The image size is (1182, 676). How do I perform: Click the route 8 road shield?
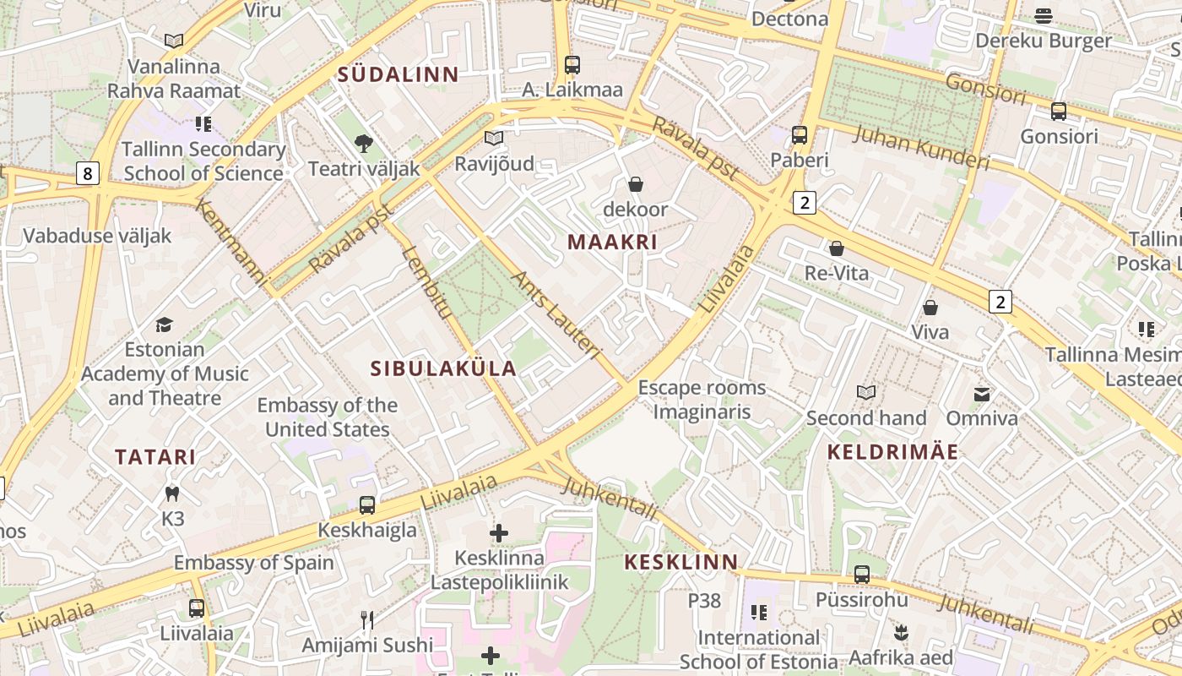click(x=88, y=174)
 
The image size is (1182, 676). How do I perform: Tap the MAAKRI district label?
click(x=612, y=243)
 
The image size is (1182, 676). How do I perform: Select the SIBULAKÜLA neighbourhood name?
click(x=443, y=368)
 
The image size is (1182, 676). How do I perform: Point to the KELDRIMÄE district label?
click(x=892, y=452)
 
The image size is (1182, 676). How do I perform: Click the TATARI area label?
click(x=155, y=457)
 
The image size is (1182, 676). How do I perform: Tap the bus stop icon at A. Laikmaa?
click(x=572, y=65)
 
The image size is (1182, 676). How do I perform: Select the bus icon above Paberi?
click(x=799, y=135)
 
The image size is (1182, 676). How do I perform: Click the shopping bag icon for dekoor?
click(x=636, y=184)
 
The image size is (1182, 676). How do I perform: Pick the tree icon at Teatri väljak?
click(x=364, y=144)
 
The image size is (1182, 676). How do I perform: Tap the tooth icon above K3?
click(x=172, y=493)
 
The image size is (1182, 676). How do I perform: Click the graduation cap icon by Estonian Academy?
click(x=165, y=324)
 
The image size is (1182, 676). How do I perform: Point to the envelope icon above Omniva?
click(x=982, y=394)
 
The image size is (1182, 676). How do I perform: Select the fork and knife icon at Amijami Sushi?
click(x=367, y=620)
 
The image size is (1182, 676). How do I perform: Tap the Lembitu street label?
click(x=427, y=282)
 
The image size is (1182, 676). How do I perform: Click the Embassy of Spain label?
click(x=253, y=563)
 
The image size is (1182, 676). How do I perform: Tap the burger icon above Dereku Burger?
click(x=1044, y=16)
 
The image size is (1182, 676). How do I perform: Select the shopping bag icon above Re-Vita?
click(x=836, y=248)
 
